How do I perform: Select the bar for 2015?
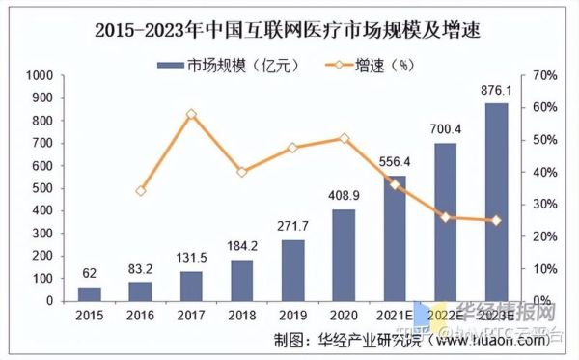89,293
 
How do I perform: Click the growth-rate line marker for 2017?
191,114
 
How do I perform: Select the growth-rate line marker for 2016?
141,191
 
